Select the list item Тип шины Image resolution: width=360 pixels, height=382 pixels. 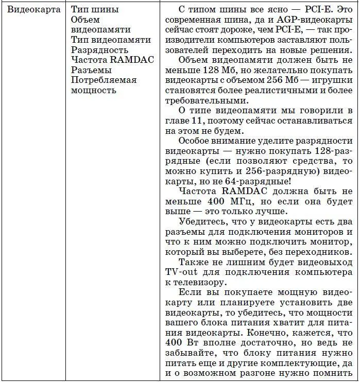94,9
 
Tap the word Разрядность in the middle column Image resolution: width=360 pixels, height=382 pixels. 99,49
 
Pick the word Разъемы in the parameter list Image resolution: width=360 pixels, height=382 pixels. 91,70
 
